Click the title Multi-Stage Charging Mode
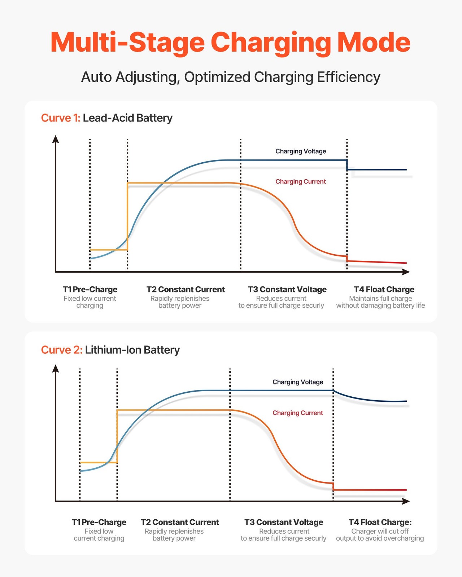coord(230,43)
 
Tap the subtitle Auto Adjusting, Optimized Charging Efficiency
coord(231,77)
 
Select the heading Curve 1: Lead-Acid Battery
coord(107,118)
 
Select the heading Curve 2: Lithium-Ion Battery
coord(110,350)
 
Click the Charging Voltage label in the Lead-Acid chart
coord(301,151)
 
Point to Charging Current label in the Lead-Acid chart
coord(301,181)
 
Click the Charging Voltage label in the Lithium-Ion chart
coord(298,382)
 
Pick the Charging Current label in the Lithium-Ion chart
coord(298,413)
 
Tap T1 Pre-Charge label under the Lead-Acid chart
coord(90,289)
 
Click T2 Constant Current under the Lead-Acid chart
coord(186,289)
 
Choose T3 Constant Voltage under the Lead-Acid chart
coord(287,289)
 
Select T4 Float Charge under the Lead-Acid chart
coord(384,289)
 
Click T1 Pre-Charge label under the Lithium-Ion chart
coord(99,522)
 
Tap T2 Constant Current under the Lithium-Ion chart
coord(180,522)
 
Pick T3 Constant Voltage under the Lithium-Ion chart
coord(284,522)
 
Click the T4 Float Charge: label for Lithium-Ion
coord(380,522)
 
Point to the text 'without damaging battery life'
coord(380,305)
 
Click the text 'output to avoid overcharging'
coord(380,538)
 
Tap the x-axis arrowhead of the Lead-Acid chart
coord(406,272)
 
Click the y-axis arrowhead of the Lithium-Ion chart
coord(56,368)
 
